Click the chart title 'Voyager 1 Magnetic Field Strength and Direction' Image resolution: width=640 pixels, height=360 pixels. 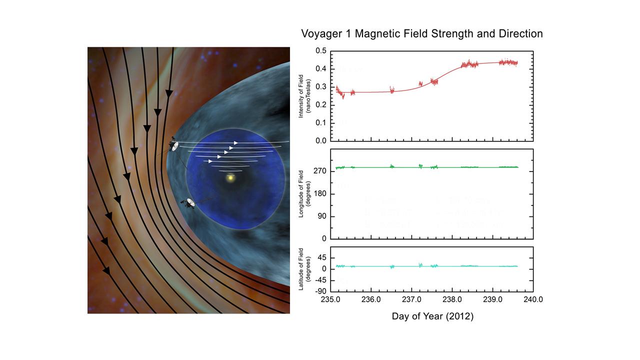tap(421, 34)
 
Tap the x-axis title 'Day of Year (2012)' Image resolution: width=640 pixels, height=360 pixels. tap(432, 316)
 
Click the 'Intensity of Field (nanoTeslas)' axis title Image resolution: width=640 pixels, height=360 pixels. tap(304, 95)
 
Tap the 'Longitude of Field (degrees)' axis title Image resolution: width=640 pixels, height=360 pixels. tap(304, 193)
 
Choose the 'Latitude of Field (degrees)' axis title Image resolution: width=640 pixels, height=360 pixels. tap(304, 269)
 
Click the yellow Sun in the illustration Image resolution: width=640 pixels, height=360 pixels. tap(230, 177)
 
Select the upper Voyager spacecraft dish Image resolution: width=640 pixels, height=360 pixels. tap(173, 145)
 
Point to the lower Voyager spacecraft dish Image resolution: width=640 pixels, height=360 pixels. tap(190, 203)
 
